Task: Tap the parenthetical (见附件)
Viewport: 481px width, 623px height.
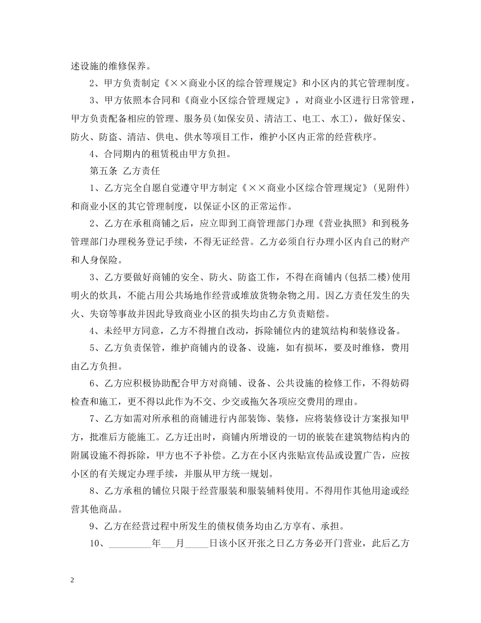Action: point(388,188)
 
